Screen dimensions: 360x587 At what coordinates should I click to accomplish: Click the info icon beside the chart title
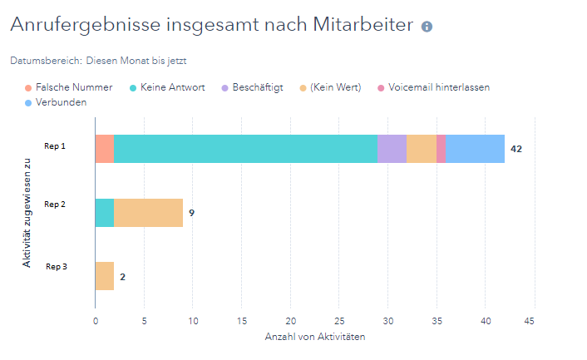coord(427,27)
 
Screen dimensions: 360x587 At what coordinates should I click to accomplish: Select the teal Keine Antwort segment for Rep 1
coord(245,149)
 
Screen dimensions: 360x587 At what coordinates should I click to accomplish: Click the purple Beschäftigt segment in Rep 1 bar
coord(392,149)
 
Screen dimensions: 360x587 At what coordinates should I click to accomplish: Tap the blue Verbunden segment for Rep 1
coord(475,149)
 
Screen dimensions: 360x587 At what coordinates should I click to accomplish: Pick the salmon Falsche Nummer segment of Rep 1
coord(105,149)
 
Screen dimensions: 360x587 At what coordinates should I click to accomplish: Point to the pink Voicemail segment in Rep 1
coord(441,149)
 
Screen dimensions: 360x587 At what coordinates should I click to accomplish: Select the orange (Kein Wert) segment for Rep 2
coord(148,213)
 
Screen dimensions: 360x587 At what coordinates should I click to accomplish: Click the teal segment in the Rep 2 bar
coord(105,213)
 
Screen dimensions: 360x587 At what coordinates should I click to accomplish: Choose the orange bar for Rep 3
coord(105,276)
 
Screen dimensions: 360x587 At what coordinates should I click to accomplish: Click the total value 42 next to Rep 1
coord(516,149)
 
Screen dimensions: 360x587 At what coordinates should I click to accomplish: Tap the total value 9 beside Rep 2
coord(191,213)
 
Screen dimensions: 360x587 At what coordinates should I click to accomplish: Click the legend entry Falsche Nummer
coord(73,87)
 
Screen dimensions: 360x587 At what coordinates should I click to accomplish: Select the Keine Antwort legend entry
coord(173,87)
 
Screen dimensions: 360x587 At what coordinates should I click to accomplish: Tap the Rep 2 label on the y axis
coord(55,204)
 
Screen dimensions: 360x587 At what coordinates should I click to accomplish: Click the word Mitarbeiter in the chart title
coord(358,25)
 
